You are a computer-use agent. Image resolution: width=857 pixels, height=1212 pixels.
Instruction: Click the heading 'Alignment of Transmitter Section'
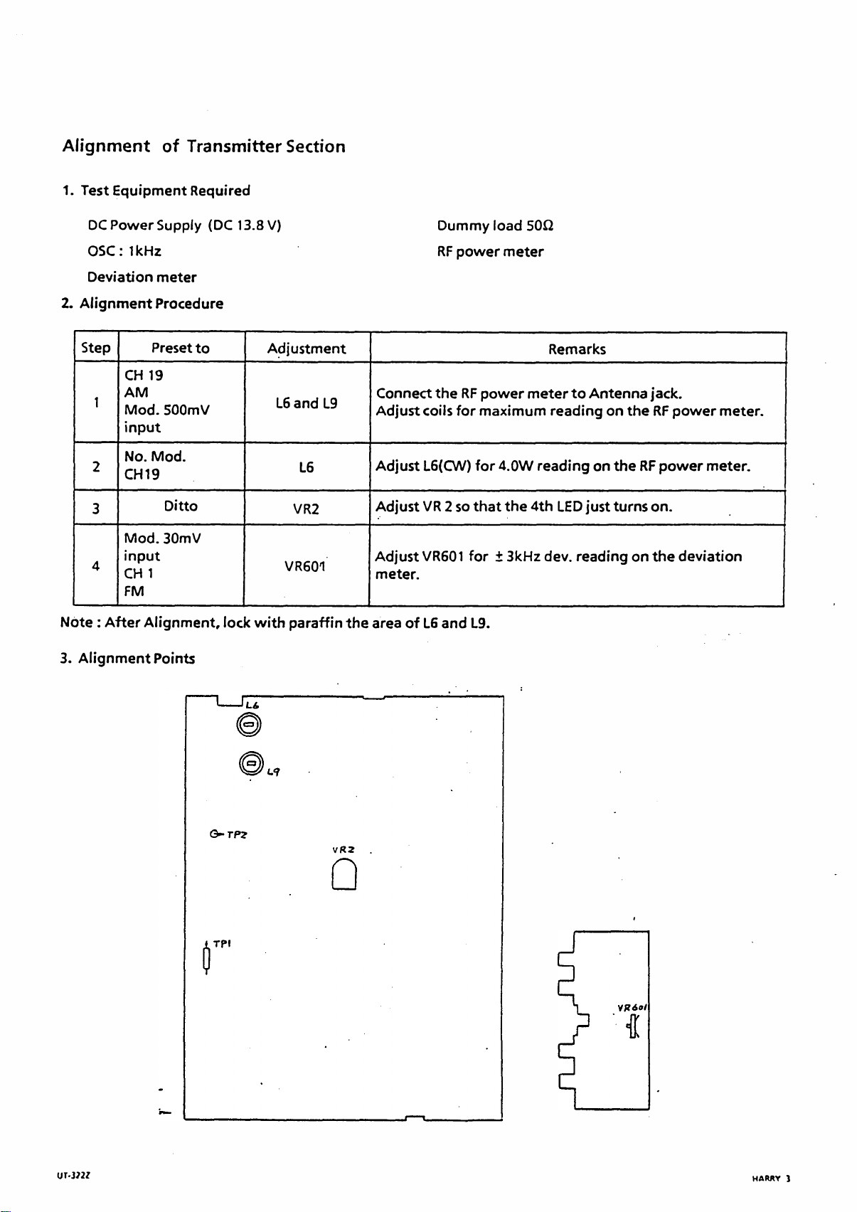click(x=204, y=147)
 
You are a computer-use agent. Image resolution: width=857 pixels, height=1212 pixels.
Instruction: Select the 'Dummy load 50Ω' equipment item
click(x=495, y=225)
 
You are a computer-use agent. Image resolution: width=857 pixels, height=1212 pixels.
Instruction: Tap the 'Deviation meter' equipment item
click(x=142, y=277)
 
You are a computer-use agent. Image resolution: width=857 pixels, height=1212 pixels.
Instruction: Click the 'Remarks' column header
click(x=577, y=349)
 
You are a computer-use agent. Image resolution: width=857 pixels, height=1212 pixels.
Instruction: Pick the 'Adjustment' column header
click(x=307, y=349)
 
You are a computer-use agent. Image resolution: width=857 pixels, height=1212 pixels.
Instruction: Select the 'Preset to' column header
click(x=181, y=348)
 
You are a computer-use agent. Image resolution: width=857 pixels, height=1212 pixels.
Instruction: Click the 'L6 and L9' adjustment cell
click(x=307, y=403)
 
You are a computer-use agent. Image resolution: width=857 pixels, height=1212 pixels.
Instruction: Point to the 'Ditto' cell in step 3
click(x=181, y=506)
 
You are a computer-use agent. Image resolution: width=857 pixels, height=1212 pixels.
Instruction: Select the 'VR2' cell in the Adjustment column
click(x=307, y=509)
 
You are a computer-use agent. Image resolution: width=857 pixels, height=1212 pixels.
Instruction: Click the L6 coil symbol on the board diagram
click(x=248, y=725)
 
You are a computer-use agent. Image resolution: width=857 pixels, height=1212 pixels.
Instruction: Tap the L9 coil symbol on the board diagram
click(x=250, y=763)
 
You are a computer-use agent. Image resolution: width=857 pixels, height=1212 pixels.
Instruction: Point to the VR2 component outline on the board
click(x=344, y=875)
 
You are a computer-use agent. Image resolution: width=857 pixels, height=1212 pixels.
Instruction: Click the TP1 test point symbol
click(x=206, y=960)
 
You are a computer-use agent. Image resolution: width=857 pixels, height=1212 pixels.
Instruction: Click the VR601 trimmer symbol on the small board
click(x=632, y=1026)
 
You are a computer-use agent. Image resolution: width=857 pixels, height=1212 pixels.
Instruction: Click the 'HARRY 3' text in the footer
click(x=771, y=1179)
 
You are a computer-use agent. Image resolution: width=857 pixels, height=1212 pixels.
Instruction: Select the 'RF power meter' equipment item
click(x=490, y=252)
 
